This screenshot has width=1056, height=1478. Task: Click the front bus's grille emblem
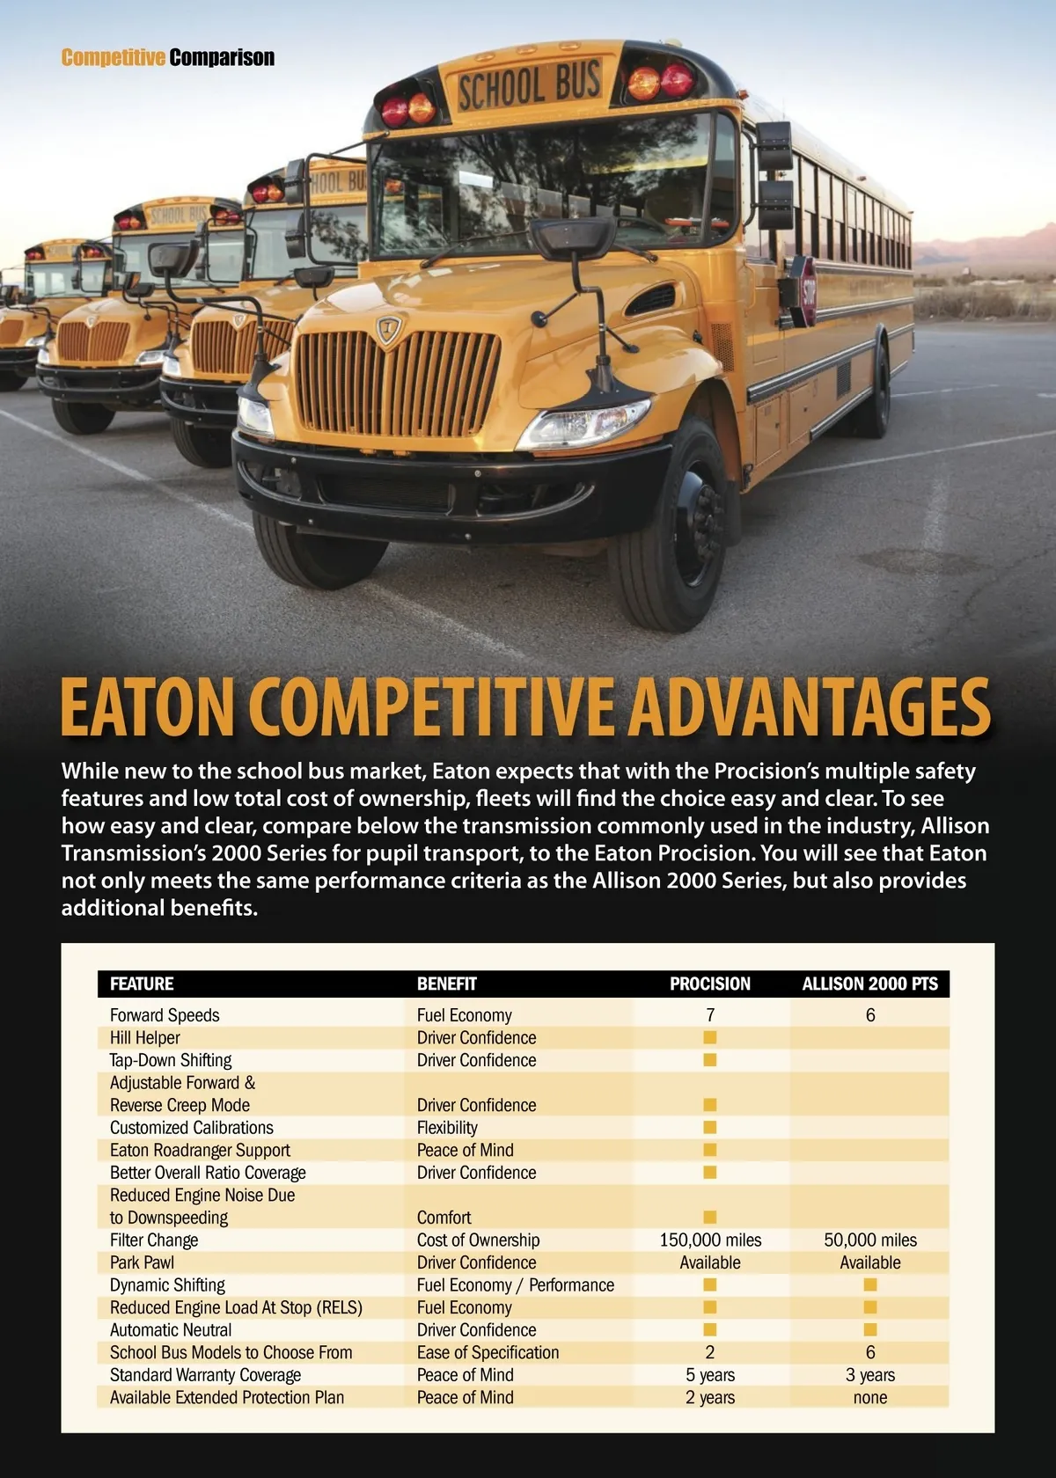click(x=388, y=330)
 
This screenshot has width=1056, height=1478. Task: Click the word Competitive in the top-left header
click(x=113, y=58)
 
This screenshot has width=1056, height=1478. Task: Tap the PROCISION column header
click(x=710, y=984)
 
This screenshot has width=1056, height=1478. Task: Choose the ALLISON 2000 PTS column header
click(x=869, y=984)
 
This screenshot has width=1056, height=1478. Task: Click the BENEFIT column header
click(x=447, y=984)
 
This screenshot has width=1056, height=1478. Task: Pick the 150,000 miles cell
click(x=710, y=1240)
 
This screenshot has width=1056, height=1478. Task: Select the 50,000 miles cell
click(x=869, y=1240)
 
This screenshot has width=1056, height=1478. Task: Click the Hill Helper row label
click(x=145, y=1038)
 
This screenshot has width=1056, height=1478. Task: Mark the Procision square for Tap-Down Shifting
click(x=710, y=1060)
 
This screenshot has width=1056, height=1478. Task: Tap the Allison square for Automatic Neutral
click(x=869, y=1329)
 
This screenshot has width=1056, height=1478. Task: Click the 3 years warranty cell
click(x=869, y=1375)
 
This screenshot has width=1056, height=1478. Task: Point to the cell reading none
click(x=869, y=1397)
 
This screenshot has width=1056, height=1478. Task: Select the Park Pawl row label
click(x=142, y=1262)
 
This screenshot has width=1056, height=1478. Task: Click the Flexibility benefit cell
click(x=447, y=1128)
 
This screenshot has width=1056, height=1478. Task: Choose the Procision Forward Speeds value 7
click(x=710, y=1015)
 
